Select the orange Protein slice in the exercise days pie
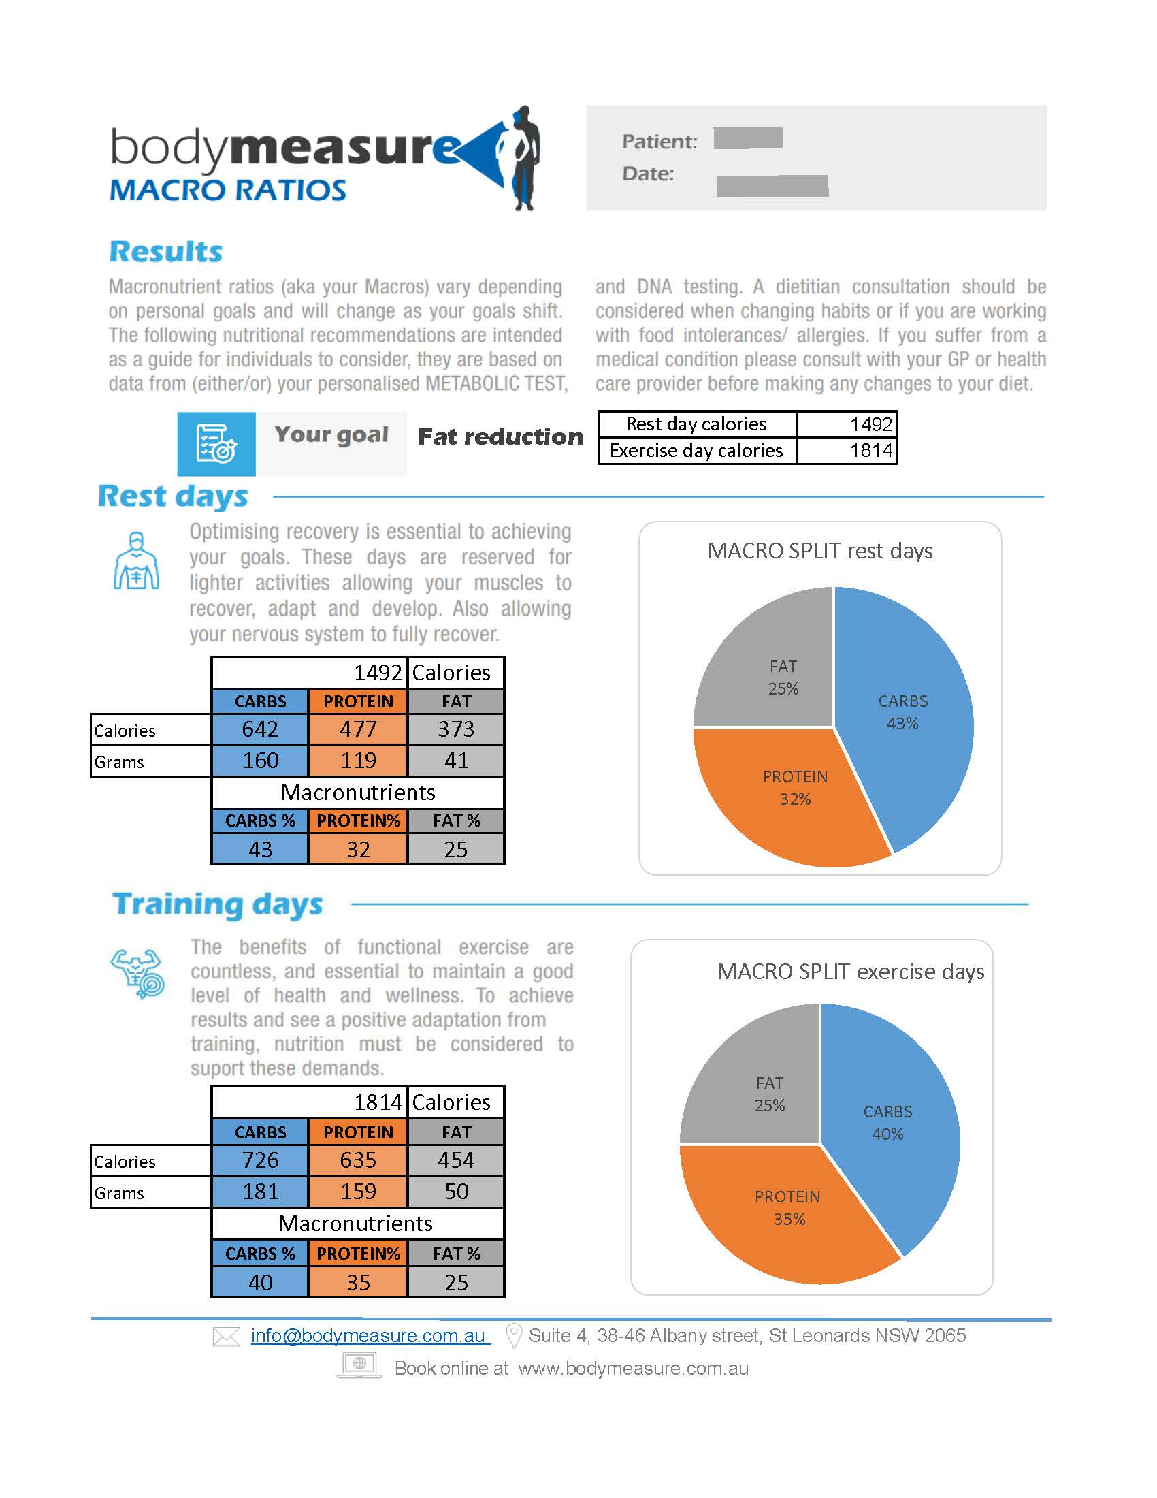click(x=788, y=1211)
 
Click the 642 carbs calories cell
click(x=260, y=729)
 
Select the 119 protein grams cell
click(x=358, y=761)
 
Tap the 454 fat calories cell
click(x=456, y=1160)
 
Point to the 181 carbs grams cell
click(x=260, y=1192)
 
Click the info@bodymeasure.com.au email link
click(x=369, y=1336)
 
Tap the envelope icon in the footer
click(x=226, y=1337)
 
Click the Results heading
click(x=166, y=252)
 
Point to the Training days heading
click(x=217, y=905)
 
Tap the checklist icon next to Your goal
click(x=216, y=444)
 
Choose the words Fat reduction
click(x=500, y=437)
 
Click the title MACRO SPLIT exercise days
click(x=850, y=972)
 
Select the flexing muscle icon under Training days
click(x=138, y=972)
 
